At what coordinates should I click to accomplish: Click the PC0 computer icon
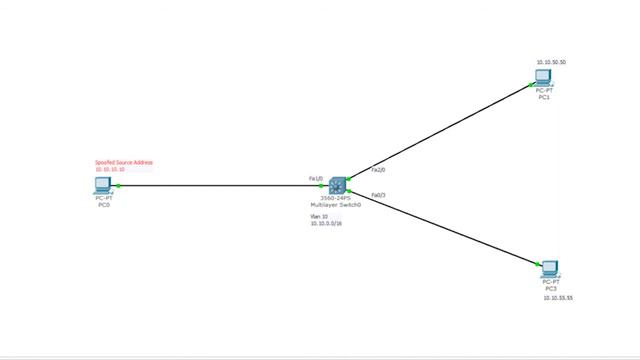point(103,185)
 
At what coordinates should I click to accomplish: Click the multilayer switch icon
point(336,185)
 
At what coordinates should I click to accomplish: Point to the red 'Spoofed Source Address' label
point(124,162)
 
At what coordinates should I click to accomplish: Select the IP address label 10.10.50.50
point(551,62)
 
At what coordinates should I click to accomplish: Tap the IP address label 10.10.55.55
point(558,298)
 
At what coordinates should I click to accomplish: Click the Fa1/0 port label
point(316,178)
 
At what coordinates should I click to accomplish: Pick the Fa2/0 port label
point(378,169)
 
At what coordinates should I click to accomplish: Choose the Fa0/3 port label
point(379,194)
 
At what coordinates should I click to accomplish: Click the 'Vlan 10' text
point(319,216)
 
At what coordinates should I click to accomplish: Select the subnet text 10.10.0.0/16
point(325,224)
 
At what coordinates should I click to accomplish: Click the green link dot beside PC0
point(118,185)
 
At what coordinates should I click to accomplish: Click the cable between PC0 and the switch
point(220,185)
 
